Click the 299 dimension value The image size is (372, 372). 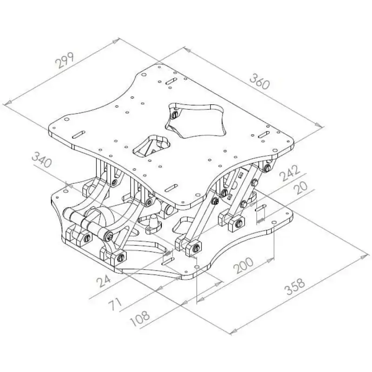click(x=65, y=60)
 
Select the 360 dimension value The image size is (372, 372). click(x=259, y=81)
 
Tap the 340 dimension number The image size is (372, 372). click(x=42, y=160)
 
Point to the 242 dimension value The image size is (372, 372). click(x=289, y=173)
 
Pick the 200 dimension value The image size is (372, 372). click(x=243, y=265)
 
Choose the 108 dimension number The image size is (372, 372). click(x=140, y=319)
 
